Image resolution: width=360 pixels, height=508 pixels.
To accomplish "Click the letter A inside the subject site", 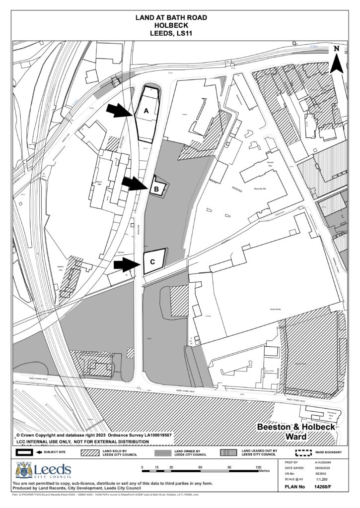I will [146, 112].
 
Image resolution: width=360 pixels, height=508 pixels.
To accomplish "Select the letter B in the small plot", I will [156, 189].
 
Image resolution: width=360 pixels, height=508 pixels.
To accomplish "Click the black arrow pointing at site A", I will [120, 111].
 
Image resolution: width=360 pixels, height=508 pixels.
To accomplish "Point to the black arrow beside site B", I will [135, 184].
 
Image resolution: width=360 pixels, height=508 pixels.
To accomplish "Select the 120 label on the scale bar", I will [259, 467].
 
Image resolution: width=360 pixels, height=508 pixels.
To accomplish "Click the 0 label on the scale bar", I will [143, 467].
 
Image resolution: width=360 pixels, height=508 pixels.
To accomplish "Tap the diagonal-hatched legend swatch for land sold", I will [91, 452].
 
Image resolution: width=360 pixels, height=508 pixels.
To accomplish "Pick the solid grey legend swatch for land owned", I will [162, 452].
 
